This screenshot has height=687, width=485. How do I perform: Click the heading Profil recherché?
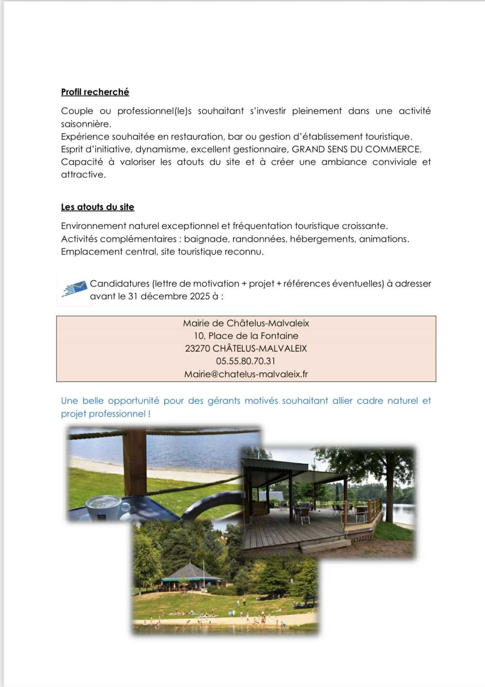(95, 92)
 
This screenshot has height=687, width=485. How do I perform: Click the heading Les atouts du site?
(97, 207)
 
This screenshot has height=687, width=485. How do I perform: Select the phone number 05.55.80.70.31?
(246, 361)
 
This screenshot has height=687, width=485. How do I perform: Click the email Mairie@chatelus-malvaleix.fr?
(246, 374)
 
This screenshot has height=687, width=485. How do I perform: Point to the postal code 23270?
(197, 349)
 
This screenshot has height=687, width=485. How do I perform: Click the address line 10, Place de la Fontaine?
(246, 336)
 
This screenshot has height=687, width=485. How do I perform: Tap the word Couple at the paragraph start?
(77, 111)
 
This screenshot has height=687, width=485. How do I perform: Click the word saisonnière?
(86, 124)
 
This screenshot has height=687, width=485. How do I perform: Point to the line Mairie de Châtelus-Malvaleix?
(246, 323)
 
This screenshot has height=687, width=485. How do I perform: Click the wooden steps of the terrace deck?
(324, 546)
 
